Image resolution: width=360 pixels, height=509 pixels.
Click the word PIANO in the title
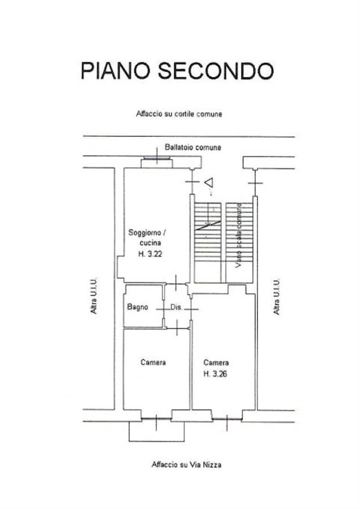click(x=115, y=71)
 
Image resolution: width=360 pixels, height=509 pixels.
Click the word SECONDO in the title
click(x=216, y=71)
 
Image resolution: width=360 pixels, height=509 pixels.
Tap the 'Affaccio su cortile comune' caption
click(x=179, y=114)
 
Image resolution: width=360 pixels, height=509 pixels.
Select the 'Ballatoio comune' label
click(x=192, y=148)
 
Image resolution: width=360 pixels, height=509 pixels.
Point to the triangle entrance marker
click(x=209, y=183)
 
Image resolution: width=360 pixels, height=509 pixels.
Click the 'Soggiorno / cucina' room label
click(x=148, y=238)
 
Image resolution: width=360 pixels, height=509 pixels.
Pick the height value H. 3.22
click(x=150, y=254)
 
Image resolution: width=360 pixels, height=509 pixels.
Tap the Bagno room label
click(x=138, y=307)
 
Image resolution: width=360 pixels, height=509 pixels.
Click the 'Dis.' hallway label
click(x=177, y=307)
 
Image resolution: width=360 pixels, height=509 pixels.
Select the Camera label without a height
click(x=153, y=363)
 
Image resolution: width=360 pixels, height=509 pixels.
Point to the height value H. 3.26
click(x=216, y=374)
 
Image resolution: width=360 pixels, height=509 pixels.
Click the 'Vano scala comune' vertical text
click(x=239, y=235)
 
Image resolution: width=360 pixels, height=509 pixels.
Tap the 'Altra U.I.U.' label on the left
click(x=94, y=296)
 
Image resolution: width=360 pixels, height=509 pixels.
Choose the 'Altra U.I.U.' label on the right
click(x=276, y=296)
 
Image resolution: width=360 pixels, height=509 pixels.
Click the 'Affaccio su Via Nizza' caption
click(x=186, y=464)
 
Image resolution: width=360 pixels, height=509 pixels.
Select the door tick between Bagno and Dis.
click(x=164, y=309)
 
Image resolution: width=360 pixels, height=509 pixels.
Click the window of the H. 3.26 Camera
click(x=227, y=419)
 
